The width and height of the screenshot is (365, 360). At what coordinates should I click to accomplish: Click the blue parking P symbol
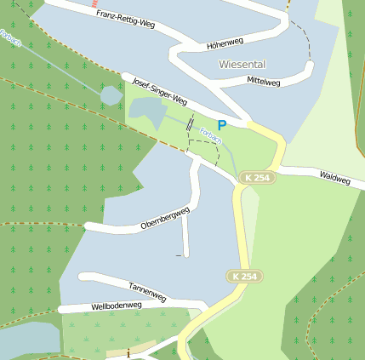(x=221, y=125)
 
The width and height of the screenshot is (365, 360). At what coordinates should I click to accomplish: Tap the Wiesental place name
(x=242, y=64)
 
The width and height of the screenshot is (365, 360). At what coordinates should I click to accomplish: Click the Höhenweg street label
(x=225, y=43)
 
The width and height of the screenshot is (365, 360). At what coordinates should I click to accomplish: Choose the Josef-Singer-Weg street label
(x=159, y=92)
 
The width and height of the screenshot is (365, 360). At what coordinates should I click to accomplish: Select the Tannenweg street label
(x=147, y=291)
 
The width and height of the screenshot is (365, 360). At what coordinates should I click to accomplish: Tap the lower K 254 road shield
(x=245, y=277)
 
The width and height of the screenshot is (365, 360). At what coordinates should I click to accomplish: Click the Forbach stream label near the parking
(x=210, y=134)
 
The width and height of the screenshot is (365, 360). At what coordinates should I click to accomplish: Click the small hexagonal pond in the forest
(x=111, y=95)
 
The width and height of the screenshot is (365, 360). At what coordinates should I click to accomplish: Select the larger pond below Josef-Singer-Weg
(x=147, y=110)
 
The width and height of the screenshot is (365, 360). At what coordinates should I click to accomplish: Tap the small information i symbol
(x=128, y=352)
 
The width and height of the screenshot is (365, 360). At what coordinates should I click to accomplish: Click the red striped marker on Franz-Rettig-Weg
(x=94, y=3)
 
